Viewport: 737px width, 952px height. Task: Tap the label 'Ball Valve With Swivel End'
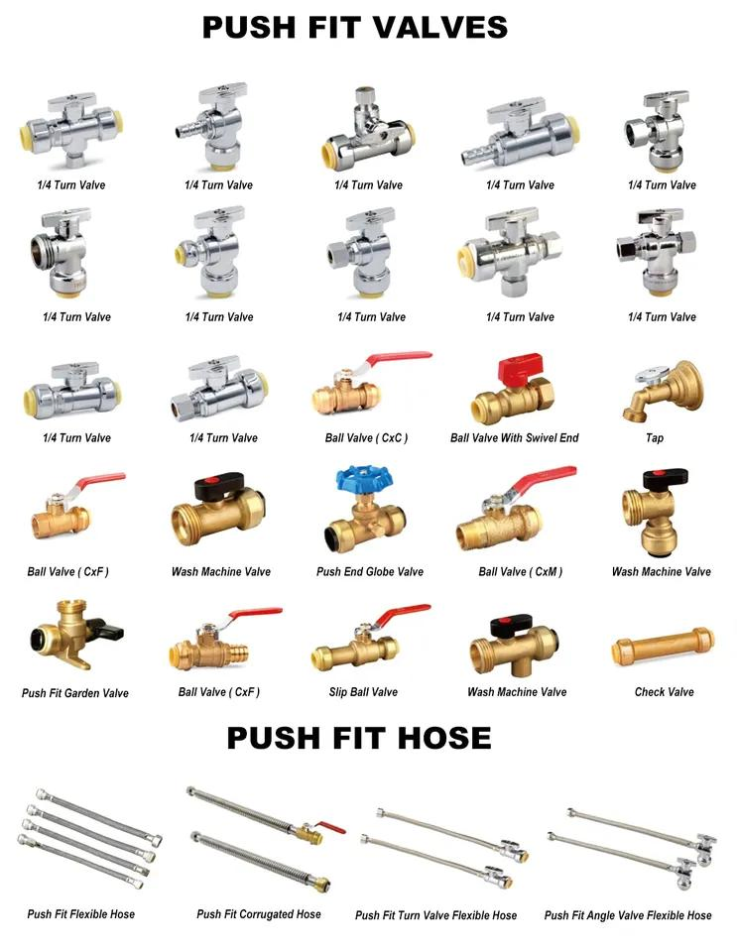514,437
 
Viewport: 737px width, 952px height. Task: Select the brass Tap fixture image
662,388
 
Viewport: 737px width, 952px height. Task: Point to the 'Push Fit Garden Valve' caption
75,693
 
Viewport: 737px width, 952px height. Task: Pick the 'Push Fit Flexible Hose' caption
80,913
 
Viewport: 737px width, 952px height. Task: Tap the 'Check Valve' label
664,691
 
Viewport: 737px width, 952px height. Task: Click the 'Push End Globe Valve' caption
369,571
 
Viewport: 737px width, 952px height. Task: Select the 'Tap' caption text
655,437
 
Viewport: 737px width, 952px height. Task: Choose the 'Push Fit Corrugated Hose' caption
258,913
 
